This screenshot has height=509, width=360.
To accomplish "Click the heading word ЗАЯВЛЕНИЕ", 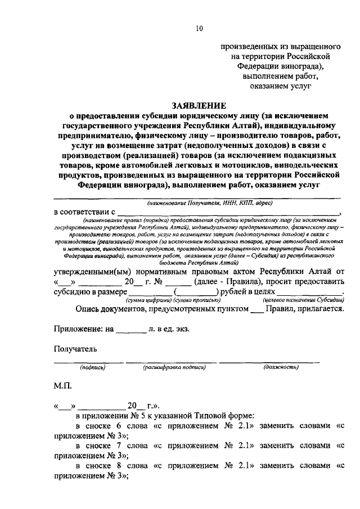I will click(x=199, y=105).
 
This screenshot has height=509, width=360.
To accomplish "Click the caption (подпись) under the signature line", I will click(x=93, y=367).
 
